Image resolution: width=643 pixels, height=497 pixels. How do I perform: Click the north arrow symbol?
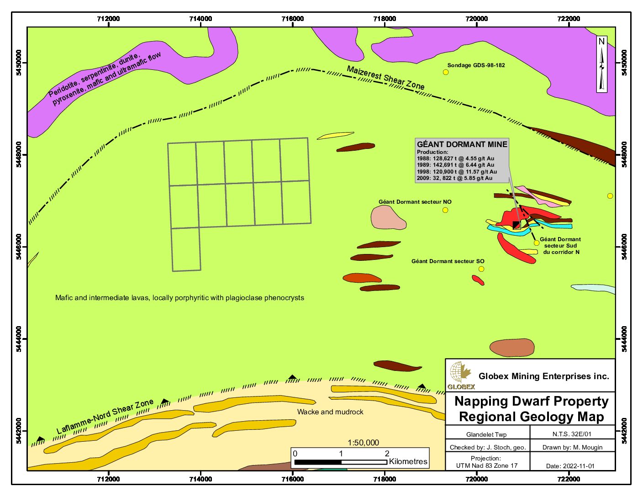602,64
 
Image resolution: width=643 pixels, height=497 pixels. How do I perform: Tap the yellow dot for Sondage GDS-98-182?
446,72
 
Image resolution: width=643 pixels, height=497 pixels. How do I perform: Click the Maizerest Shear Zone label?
385,78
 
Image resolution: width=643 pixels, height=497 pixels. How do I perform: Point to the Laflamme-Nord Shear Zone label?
105,417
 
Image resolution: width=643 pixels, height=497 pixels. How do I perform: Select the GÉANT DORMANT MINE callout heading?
462,144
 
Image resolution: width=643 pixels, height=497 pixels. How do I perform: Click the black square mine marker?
516,225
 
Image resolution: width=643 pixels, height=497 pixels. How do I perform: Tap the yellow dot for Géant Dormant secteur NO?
445,210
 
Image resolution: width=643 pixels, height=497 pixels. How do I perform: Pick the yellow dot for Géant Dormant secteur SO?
481,269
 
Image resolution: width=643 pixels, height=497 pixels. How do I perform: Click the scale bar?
340,462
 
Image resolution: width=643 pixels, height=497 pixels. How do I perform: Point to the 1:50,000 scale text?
363,443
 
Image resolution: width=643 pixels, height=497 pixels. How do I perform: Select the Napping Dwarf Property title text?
531,402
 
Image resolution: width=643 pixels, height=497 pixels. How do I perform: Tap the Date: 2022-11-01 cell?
570,466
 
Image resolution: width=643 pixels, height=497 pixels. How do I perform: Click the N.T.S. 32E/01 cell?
571,434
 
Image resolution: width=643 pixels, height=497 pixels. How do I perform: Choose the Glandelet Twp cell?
486,434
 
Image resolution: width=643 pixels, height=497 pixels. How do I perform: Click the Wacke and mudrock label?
330,412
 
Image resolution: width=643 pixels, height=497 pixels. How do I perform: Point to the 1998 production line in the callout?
457,172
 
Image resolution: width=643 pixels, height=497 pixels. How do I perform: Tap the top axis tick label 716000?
293,19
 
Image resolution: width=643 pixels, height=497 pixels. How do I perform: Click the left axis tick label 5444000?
19,339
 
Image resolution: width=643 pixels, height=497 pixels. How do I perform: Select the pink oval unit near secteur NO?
388,217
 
